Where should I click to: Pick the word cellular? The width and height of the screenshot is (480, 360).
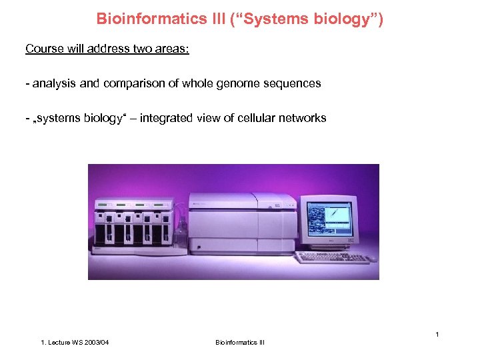pos(257,118)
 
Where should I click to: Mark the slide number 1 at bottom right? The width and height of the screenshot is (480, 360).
pos(437,333)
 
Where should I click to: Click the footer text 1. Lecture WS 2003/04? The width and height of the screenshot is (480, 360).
pos(75,343)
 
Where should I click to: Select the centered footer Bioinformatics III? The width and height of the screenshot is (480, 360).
pos(240,343)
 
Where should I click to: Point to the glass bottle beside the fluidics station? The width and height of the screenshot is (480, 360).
pos(180,234)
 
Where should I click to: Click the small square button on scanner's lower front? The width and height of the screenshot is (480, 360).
pos(197,247)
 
